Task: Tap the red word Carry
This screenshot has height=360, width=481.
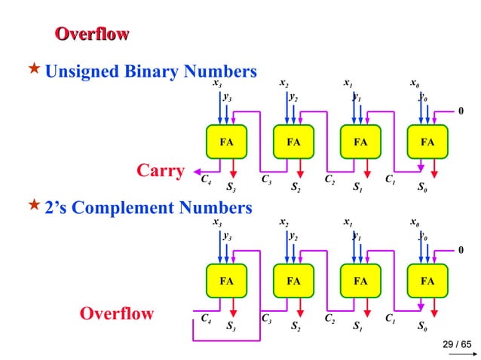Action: (160, 172)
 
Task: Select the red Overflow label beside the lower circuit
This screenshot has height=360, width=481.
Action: (117, 313)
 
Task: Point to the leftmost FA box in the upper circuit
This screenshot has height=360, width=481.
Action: (226, 141)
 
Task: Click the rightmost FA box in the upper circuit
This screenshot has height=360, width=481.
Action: (427, 141)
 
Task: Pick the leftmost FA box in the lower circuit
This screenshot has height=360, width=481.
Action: (226, 282)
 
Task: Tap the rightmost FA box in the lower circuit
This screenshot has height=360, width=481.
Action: (427, 282)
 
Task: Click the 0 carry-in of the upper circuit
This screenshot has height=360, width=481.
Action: (461, 111)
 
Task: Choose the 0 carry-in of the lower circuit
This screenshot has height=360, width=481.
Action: (461, 249)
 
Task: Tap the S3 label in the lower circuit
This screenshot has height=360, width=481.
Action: (231, 326)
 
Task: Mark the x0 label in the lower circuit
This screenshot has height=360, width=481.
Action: (415, 223)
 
